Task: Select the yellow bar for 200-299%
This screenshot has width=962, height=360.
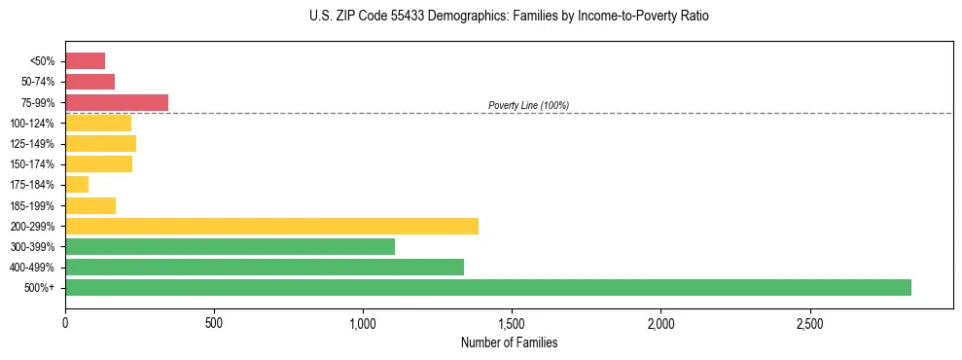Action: (x=271, y=226)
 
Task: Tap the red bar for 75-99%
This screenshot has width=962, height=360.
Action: (x=117, y=102)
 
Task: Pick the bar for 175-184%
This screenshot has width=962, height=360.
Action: (x=77, y=184)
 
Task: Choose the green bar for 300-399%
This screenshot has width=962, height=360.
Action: (x=230, y=246)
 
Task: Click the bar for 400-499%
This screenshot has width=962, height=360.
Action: (x=265, y=267)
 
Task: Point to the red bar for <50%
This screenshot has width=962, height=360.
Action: (x=85, y=60)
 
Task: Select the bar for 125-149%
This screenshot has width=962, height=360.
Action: (x=100, y=143)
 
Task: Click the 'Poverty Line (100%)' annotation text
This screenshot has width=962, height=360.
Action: (x=528, y=105)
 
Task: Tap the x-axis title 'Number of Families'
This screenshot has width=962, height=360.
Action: (x=509, y=342)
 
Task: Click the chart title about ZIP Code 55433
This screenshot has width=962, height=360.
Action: (x=510, y=17)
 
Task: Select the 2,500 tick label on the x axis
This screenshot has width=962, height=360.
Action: (x=809, y=322)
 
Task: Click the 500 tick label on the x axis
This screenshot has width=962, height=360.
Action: (x=214, y=322)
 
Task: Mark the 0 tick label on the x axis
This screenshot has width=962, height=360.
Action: (x=65, y=322)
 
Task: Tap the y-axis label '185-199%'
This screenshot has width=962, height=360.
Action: (x=35, y=205)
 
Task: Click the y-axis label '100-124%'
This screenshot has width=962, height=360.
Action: (x=35, y=123)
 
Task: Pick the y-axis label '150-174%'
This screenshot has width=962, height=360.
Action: (x=35, y=164)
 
